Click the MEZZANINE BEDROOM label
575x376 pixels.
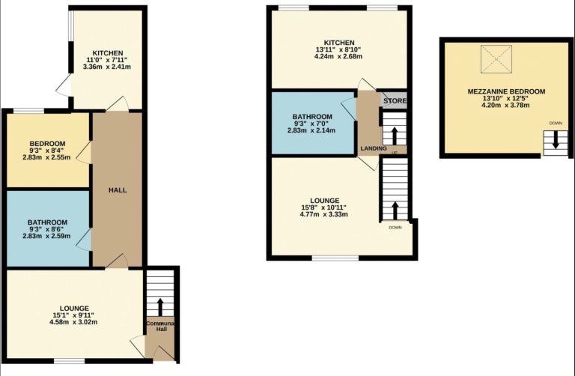click(506, 91)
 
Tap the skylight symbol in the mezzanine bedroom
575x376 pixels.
click(496, 59)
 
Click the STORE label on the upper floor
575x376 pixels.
click(395, 100)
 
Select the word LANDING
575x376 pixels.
click(374, 148)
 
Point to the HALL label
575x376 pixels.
click(118, 190)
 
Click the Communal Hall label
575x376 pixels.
click(160, 326)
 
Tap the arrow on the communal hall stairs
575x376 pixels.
click(160, 307)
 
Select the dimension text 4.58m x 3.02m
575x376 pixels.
click(73, 322)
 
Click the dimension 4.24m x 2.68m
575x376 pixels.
click(338, 56)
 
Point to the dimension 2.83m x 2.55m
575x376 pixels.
click(46, 157)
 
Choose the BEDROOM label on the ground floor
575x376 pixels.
click(48, 143)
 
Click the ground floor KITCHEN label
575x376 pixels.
click(108, 53)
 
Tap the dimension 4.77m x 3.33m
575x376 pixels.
click(323, 214)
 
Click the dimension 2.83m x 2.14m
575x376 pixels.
click(311, 130)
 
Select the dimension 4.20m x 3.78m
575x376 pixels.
click(505, 106)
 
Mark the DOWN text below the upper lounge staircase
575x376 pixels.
click(395, 228)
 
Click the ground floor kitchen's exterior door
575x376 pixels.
click(65, 85)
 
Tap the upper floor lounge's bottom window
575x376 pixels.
click(335, 258)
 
